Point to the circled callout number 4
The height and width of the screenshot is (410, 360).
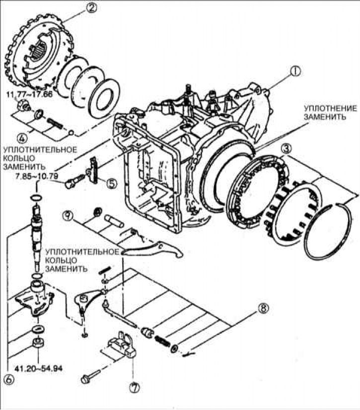point(22,137)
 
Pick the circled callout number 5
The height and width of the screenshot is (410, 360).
point(111,183)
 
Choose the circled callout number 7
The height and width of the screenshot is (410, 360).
point(134,387)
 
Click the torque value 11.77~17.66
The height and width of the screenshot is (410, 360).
point(30,94)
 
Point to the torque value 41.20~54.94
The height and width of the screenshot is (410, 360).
point(38,369)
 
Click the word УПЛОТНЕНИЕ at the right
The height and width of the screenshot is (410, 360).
point(330,108)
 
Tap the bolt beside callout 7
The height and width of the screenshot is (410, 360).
point(91,376)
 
